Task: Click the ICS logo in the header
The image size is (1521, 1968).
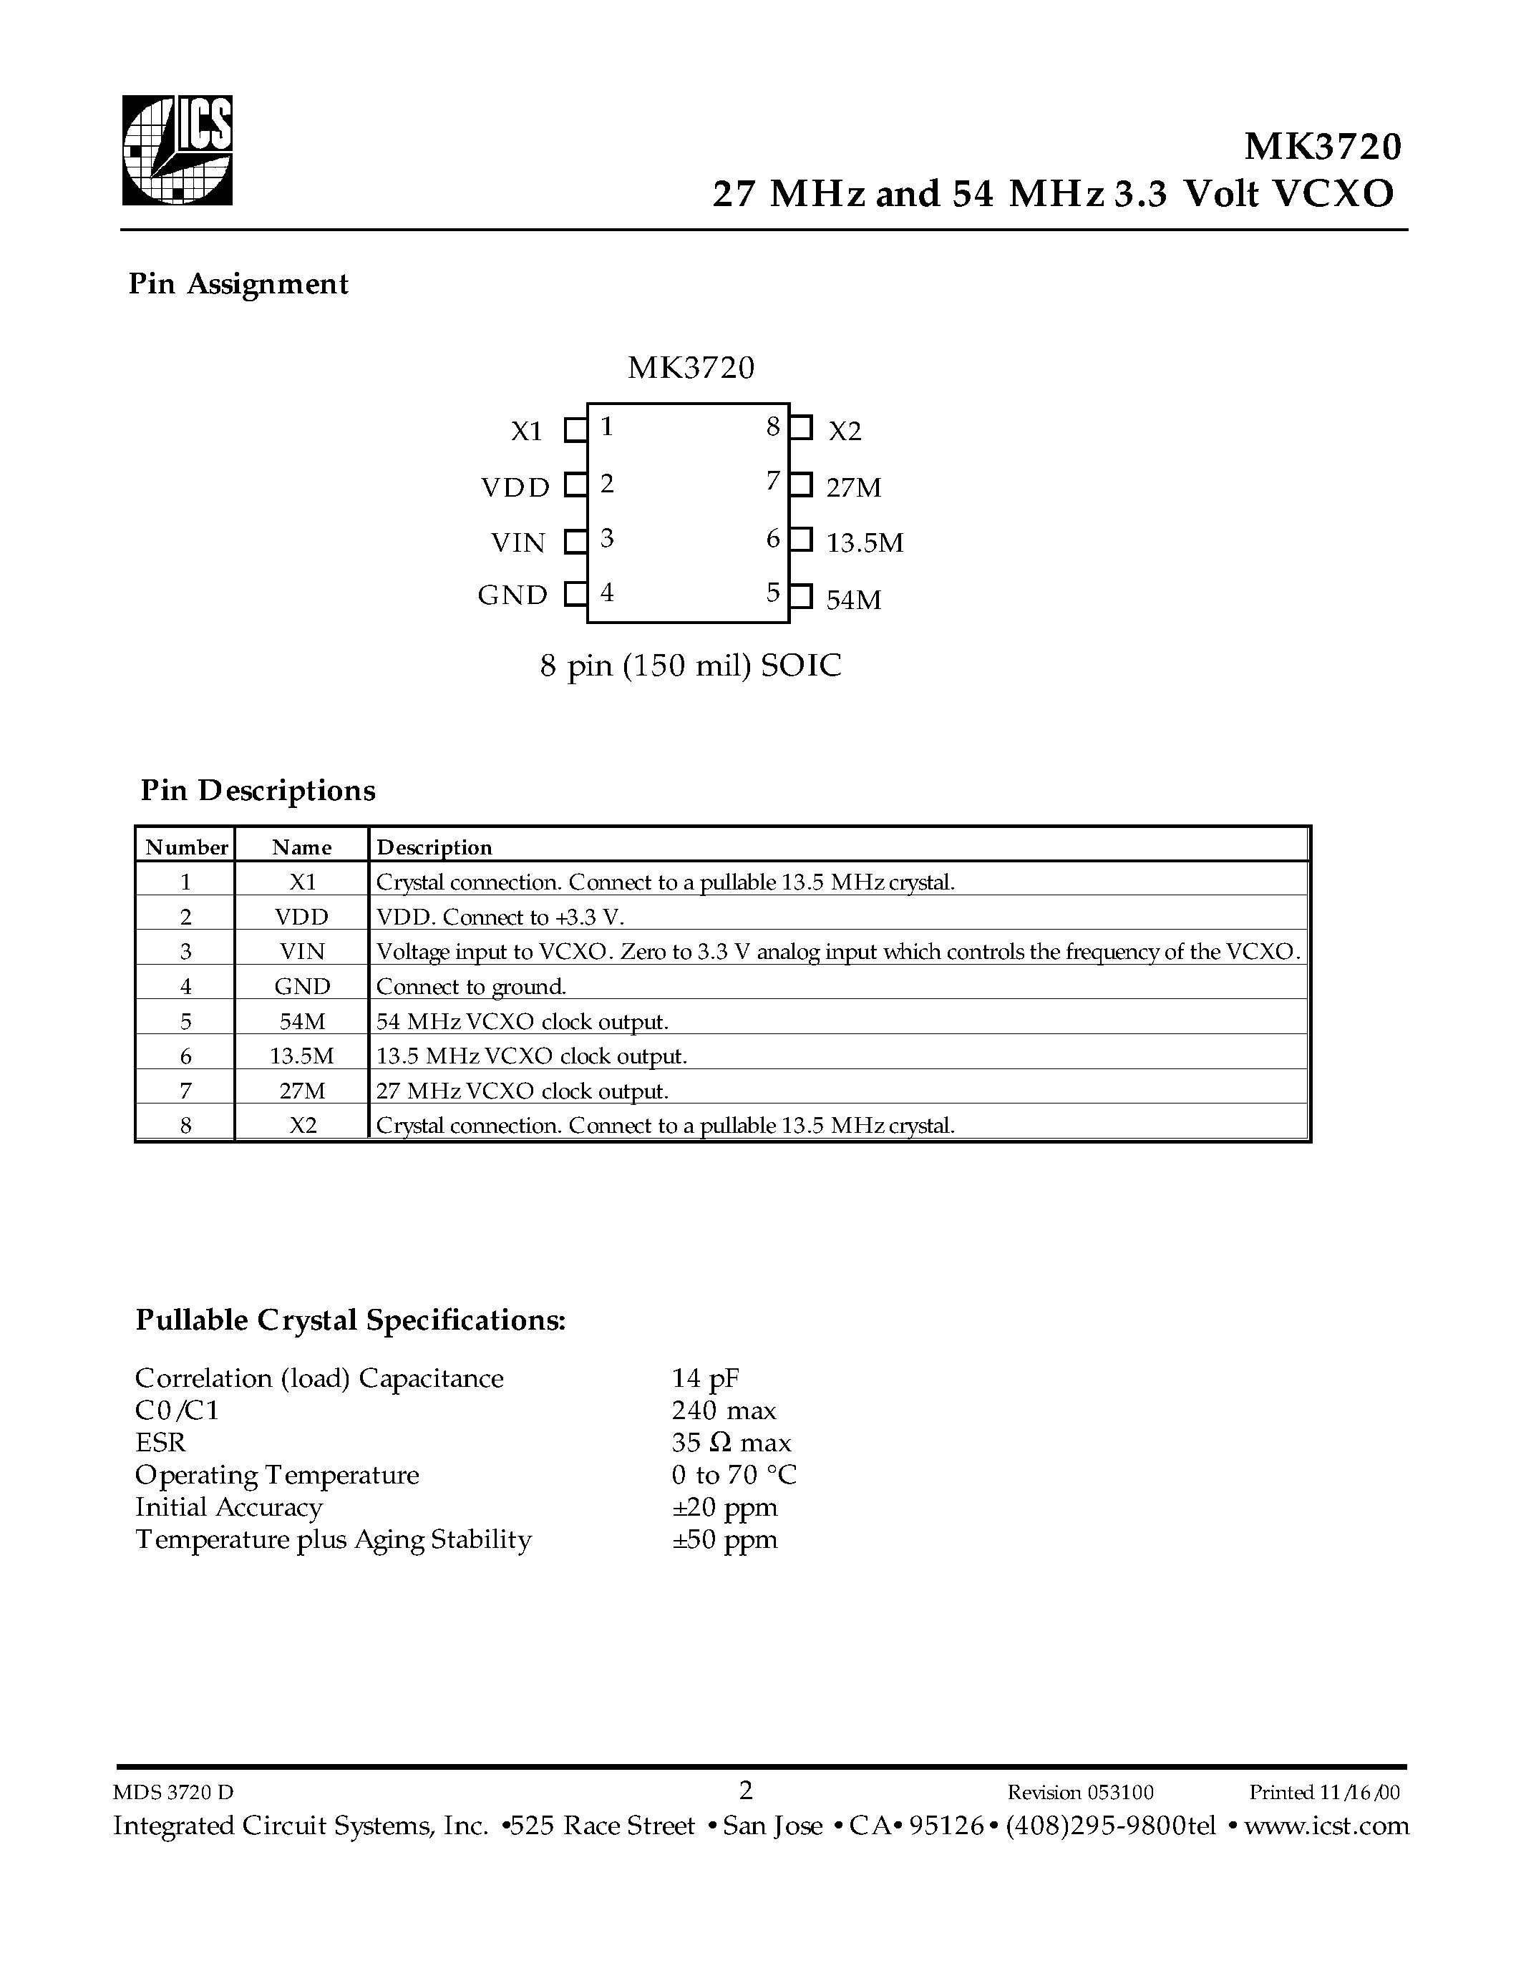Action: tap(178, 150)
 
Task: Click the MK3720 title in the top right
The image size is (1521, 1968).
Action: tap(1323, 146)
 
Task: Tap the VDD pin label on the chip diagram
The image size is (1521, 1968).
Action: tap(515, 487)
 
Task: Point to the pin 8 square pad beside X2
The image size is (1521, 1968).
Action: tap(801, 427)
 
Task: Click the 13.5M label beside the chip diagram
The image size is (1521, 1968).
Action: tap(864, 542)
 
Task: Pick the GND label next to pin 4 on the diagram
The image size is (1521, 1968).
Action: tap(512, 595)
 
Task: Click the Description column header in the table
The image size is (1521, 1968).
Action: tap(434, 847)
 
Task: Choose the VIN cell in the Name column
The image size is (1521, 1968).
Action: tap(302, 952)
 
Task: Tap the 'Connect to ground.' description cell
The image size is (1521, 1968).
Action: tap(471, 987)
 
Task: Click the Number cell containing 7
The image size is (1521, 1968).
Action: tap(185, 1091)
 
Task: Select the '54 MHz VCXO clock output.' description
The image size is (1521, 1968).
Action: tap(523, 1022)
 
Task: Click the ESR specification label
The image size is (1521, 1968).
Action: tap(160, 1443)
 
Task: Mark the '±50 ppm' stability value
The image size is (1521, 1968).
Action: tap(724, 1539)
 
